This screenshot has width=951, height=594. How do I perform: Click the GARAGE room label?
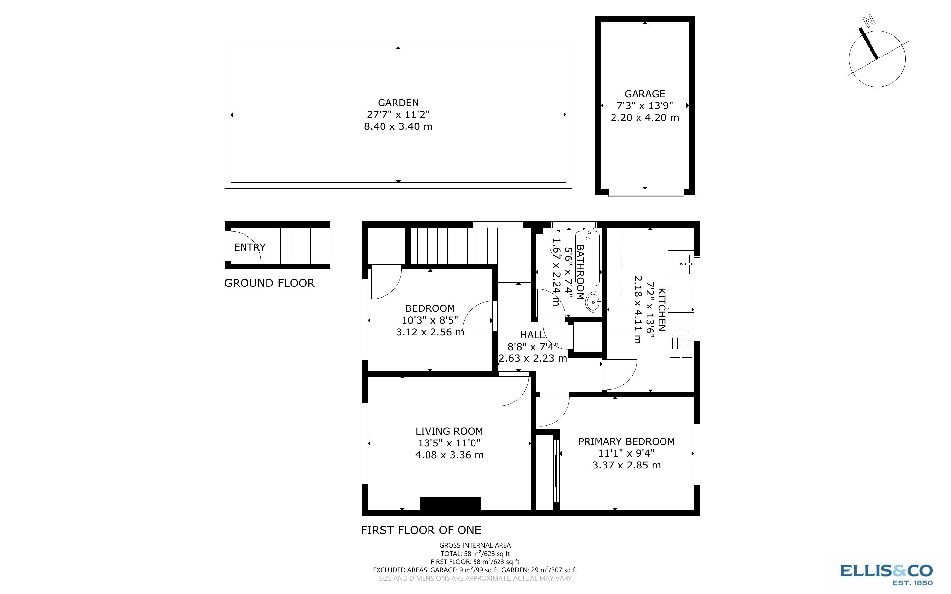coord(645,94)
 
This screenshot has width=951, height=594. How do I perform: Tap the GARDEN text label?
coord(398,103)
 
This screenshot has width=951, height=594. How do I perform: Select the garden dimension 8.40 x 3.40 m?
coord(398,126)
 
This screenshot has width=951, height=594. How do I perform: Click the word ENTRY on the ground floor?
coord(249,247)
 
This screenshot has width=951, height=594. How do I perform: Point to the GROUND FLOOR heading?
coord(269,283)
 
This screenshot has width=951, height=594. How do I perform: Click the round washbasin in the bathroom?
coord(593,303)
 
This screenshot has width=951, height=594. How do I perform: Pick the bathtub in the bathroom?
coord(588,258)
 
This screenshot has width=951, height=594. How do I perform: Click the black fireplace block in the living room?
coord(450,503)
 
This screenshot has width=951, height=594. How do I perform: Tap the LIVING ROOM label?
coord(449,431)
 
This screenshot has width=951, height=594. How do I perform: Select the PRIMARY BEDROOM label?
coord(626,441)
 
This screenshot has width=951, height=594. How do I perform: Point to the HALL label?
coord(532,335)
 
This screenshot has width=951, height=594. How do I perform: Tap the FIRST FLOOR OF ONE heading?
coord(421,530)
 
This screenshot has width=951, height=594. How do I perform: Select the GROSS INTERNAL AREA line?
coord(475,545)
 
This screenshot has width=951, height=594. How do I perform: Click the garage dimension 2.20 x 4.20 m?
coord(645,118)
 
